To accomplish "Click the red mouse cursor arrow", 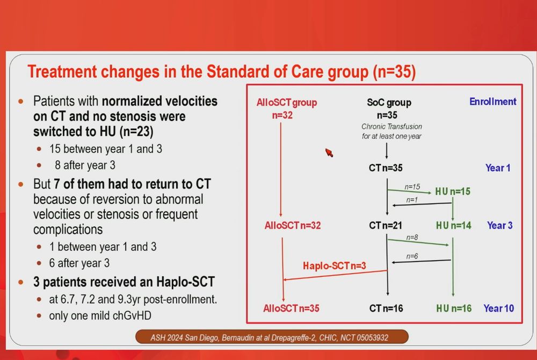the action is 329,152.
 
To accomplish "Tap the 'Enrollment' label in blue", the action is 493,101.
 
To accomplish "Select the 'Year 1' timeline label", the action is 498,168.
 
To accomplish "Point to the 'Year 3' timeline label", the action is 499,225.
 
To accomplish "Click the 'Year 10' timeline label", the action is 499,308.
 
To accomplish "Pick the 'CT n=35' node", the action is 386,168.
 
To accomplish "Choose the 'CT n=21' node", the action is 386,225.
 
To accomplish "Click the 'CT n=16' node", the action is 386,308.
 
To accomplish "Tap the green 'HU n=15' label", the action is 453,192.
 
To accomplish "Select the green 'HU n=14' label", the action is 453,225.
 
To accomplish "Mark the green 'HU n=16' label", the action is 454,308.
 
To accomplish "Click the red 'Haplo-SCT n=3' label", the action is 334,266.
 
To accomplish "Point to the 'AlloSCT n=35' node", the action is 291,308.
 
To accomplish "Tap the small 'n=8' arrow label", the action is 412,237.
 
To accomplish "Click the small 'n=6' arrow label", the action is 412,256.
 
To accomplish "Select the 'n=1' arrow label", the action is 412,200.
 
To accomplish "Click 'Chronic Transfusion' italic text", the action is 392,126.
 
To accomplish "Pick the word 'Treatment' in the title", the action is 62,72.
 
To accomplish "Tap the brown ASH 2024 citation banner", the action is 272,337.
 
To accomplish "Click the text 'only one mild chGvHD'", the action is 100,315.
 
